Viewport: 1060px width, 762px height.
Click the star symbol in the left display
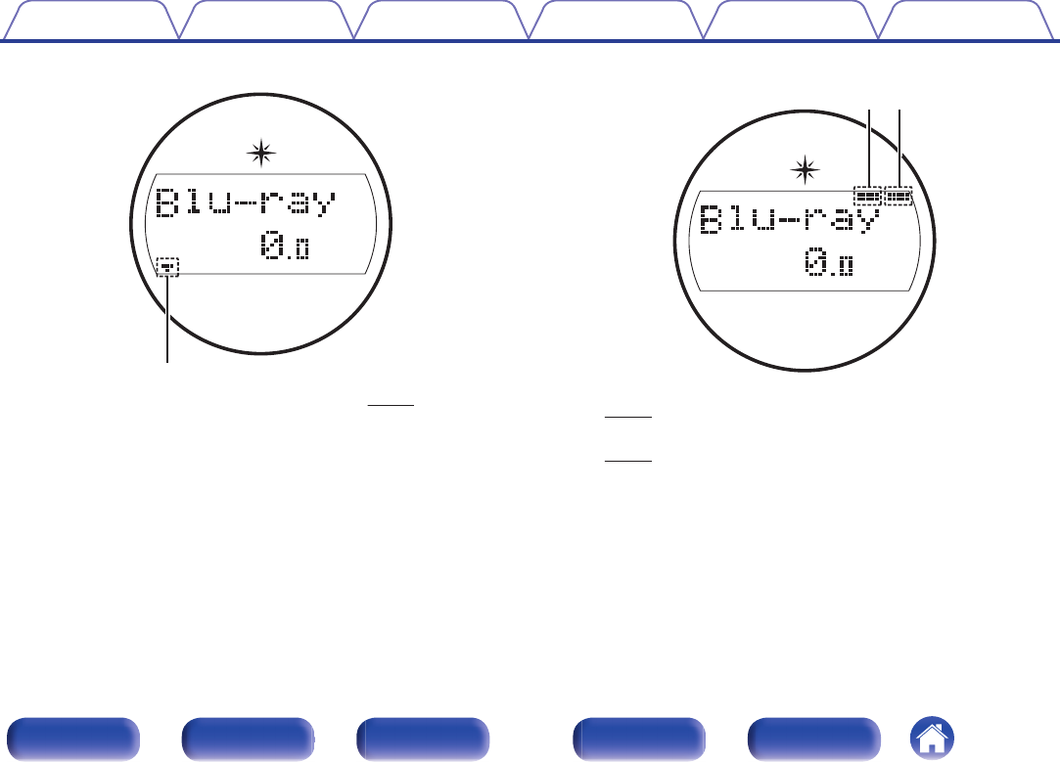tap(260, 152)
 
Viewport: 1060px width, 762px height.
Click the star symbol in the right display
tap(805, 171)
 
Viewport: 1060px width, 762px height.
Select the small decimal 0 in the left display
tap(301, 251)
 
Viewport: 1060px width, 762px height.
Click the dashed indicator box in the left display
tap(168, 266)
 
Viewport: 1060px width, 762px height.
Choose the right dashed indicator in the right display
tap(899, 197)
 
